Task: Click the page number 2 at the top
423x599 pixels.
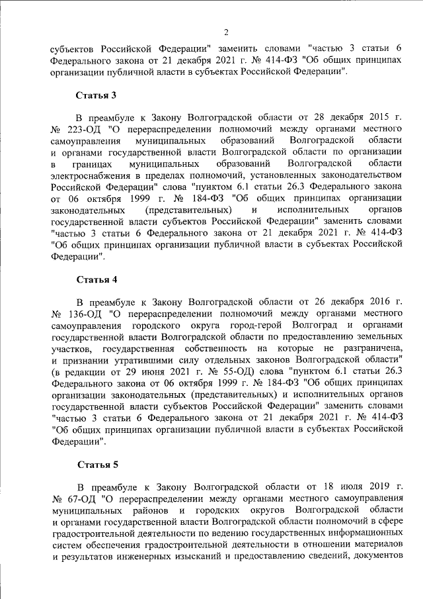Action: coord(226,32)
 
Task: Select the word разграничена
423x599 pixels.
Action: coord(369,347)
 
